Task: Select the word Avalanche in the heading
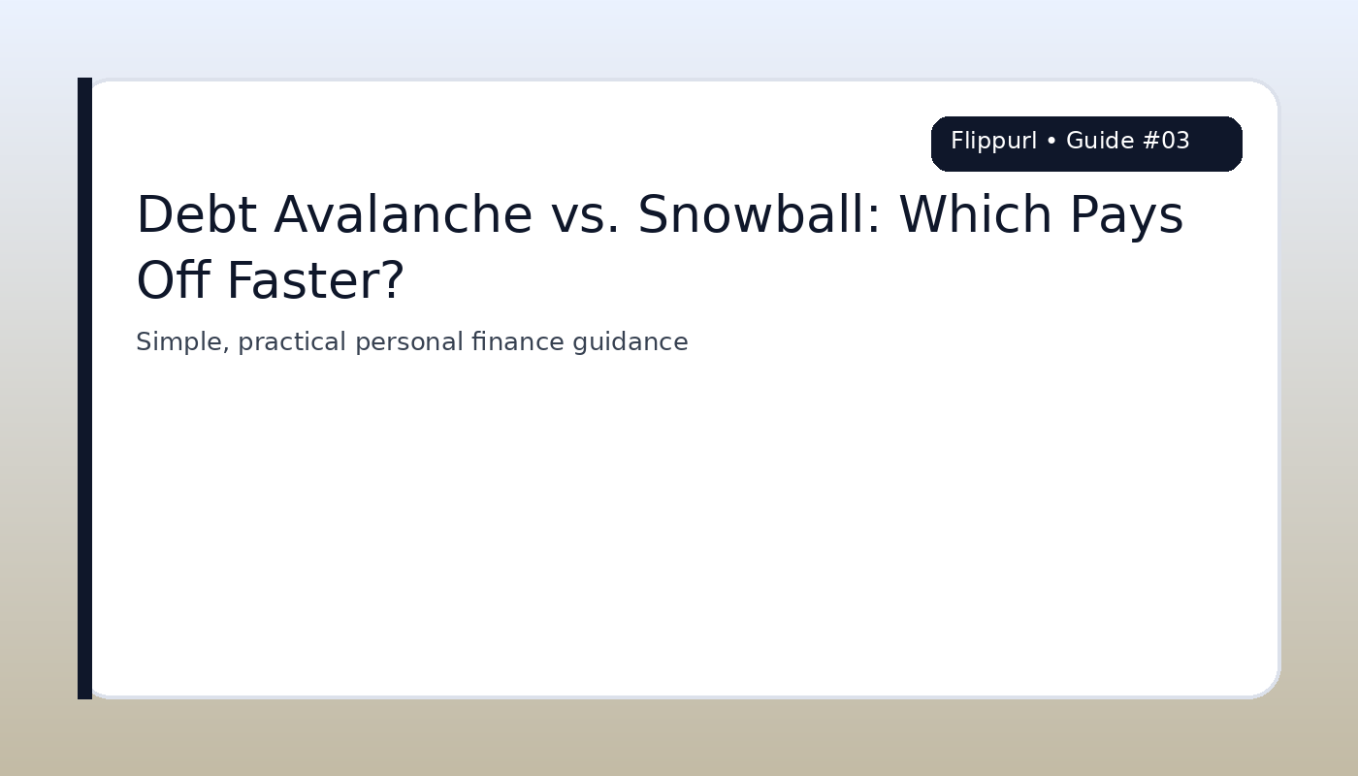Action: point(403,215)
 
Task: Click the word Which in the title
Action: point(975,215)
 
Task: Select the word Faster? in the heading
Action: point(315,281)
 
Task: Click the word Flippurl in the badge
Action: point(993,142)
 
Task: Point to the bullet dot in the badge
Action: point(1051,142)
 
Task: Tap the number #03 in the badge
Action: point(1166,142)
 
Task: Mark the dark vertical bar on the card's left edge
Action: point(84,388)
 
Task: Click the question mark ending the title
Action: point(394,281)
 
